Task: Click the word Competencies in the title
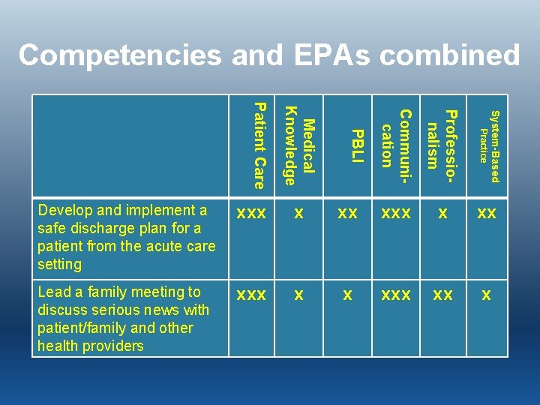pyautogui.click(x=121, y=56)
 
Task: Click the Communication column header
pyautogui.click(x=394, y=138)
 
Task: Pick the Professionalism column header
pyautogui.click(x=442, y=139)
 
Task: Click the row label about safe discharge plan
pyautogui.click(x=126, y=237)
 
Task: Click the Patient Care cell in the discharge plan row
pyautogui.click(x=251, y=213)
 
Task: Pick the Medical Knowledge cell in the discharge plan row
pyautogui.click(x=299, y=213)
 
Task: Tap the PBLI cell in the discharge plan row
pyautogui.click(x=347, y=213)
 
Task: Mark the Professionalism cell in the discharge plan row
pyautogui.click(x=443, y=213)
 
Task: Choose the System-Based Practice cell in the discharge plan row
pyautogui.click(x=487, y=213)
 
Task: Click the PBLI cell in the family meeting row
pyautogui.click(x=347, y=295)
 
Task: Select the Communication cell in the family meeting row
pyautogui.click(x=395, y=295)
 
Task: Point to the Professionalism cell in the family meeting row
pyautogui.click(x=443, y=295)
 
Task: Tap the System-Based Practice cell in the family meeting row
pyautogui.click(x=487, y=295)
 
